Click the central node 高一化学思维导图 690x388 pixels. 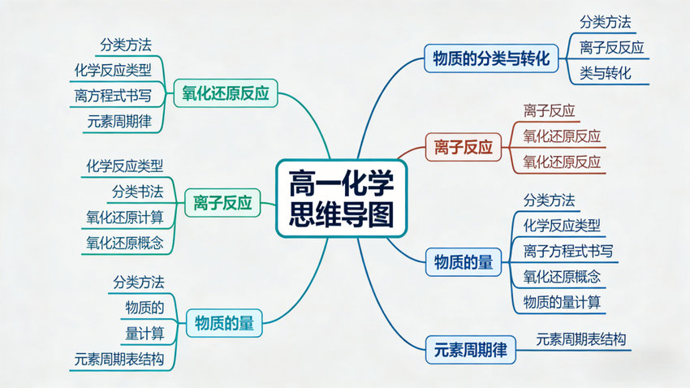pos(341,197)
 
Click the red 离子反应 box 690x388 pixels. pos(460,148)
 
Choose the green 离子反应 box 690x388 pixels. pos(222,202)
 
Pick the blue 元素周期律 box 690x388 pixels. pos(470,351)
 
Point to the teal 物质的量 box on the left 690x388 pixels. pos(224,322)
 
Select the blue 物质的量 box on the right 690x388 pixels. pos(464,261)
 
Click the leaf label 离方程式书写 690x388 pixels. pos(112,95)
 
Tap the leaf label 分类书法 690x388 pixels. pos(137,192)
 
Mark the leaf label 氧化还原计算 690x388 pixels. pos(125,217)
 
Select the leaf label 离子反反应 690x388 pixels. pos(611,47)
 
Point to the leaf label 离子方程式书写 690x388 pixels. pos(568,251)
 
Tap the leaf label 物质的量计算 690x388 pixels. pos(563,302)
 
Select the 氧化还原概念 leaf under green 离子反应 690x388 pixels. pos(125,242)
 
